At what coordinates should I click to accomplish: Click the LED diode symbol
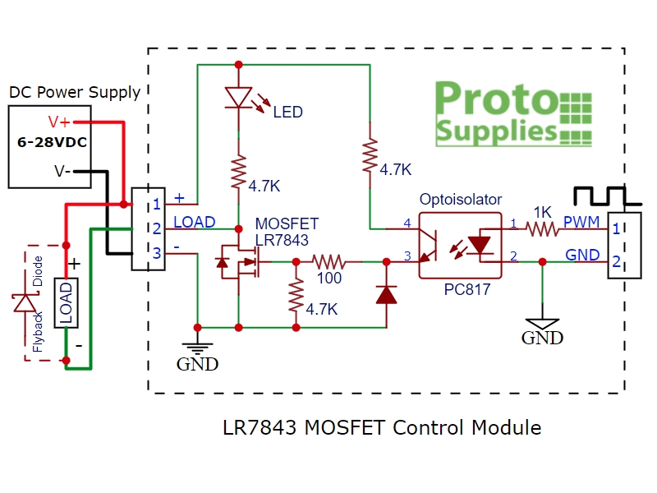click(x=238, y=97)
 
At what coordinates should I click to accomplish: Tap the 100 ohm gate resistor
click(x=329, y=262)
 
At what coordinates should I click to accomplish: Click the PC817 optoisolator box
click(x=460, y=244)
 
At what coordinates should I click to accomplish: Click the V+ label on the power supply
click(x=58, y=122)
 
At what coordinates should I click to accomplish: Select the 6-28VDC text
click(x=52, y=142)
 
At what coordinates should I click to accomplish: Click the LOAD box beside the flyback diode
click(x=66, y=303)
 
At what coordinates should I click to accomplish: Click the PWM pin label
click(x=581, y=223)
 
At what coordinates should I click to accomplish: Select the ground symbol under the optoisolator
click(x=542, y=322)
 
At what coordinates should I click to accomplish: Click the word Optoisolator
click(x=460, y=200)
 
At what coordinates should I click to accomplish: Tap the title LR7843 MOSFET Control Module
click(x=382, y=428)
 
